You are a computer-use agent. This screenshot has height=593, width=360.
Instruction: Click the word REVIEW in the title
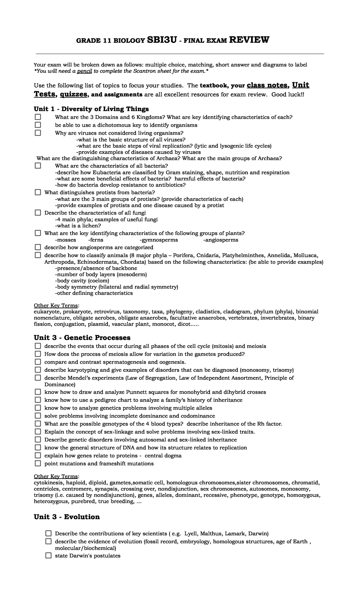(x=249, y=40)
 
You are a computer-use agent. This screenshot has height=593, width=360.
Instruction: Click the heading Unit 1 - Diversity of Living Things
(x=91, y=109)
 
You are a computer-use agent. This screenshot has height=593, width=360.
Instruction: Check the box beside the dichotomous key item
(x=38, y=125)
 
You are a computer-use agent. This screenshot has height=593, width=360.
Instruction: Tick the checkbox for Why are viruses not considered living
(x=38, y=133)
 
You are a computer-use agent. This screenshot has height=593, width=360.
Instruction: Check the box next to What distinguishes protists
(x=38, y=192)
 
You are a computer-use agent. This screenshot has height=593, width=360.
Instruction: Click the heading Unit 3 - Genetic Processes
(x=82, y=338)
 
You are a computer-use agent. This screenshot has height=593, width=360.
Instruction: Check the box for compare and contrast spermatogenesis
(x=38, y=362)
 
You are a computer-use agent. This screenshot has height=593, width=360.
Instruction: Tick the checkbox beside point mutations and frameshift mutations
(x=38, y=463)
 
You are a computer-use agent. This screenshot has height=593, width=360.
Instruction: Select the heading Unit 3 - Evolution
(x=67, y=517)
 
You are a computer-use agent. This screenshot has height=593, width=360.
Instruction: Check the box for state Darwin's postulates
(x=48, y=555)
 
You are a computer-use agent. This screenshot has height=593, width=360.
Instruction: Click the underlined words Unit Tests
(x=301, y=85)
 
